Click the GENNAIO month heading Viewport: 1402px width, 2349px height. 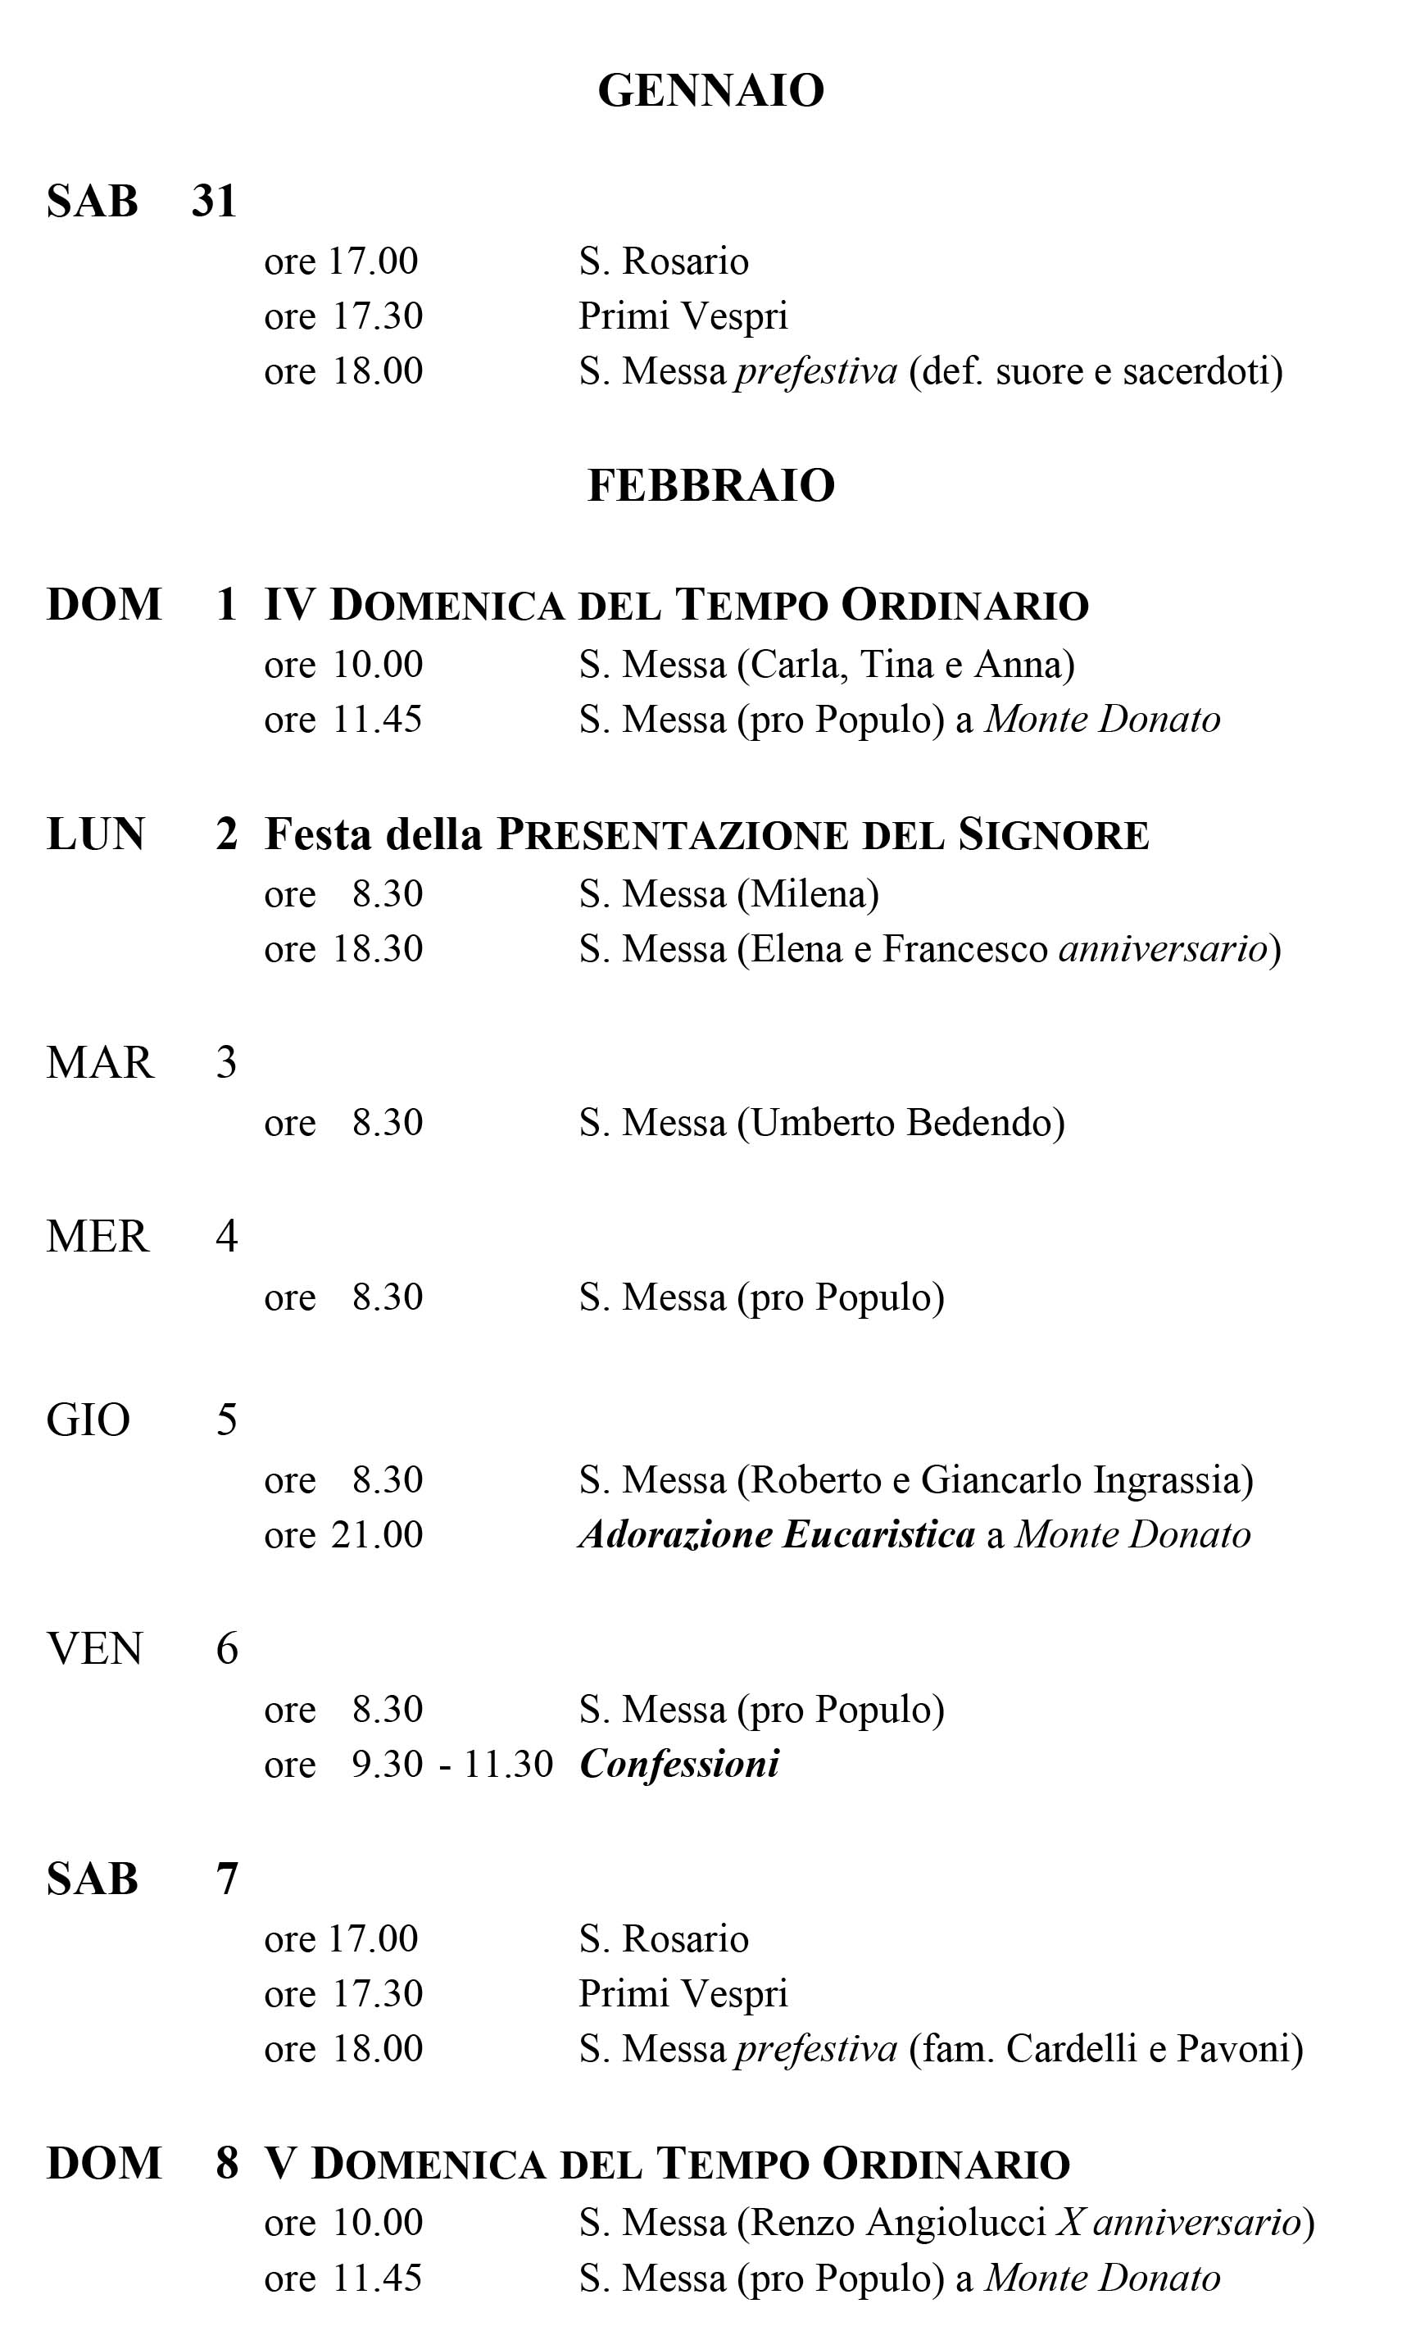710,92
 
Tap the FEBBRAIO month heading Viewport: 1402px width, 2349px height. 710,486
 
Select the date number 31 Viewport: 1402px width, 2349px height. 214,202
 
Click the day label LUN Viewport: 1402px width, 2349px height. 95,834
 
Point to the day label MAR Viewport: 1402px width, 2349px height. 99,1063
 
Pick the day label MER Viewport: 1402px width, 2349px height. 98,1237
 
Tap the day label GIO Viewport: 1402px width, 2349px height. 88,1420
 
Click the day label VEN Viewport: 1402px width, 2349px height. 94,1649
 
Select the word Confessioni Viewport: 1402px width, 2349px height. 679,1764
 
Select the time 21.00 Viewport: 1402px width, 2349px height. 377,1534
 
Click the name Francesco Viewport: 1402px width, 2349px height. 964,948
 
